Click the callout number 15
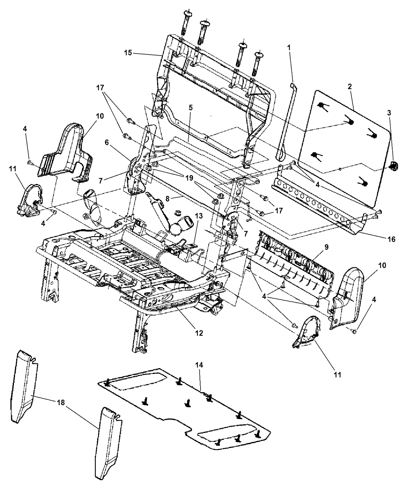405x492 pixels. point(128,52)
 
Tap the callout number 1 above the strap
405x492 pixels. point(289,47)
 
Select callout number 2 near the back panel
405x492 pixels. point(349,86)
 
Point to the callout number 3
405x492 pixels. point(389,113)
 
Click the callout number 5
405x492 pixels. point(191,108)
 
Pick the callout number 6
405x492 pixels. point(107,143)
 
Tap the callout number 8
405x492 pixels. point(167,199)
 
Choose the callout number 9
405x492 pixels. point(326,247)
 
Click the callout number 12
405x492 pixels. point(199,333)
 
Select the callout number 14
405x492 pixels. point(199,365)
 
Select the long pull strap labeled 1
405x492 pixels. point(287,123)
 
